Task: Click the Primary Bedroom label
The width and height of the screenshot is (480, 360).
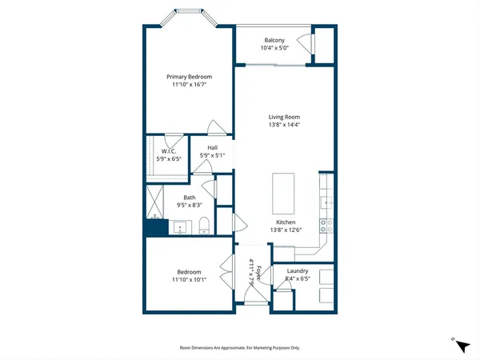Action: coord(189,77)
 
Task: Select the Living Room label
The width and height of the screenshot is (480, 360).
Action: coord(284,117)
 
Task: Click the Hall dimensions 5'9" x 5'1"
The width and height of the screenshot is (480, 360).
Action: coord(213,156)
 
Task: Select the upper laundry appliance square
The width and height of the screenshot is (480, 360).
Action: coord(328,276)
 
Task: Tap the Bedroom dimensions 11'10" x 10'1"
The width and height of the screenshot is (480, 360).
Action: coord(189,280)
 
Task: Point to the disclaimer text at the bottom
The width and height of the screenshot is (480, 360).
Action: coord(239,347)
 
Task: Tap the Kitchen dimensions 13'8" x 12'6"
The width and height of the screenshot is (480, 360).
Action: coord(286,230)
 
